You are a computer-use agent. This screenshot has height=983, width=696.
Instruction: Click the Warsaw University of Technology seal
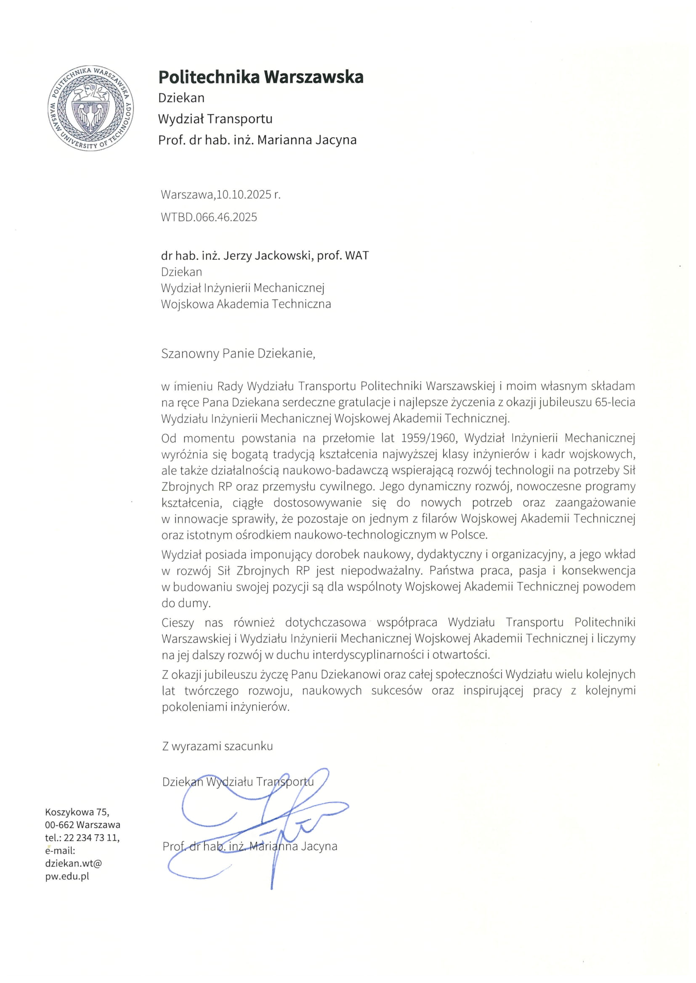coord(90,109)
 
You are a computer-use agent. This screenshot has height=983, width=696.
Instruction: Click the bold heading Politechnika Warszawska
coord(260,77)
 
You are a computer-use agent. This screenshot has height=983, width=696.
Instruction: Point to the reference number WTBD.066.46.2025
coord(209,217)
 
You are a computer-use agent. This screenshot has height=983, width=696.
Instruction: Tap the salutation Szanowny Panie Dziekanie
coord(238,353)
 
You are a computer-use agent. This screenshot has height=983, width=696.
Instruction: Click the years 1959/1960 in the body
coord(428,438)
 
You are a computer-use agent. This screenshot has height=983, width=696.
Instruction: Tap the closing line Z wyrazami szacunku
coord(217,746)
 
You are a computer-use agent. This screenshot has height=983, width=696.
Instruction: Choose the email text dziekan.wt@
coord(73,863)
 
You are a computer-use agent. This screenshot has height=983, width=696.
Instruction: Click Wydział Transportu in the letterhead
coord(215,119)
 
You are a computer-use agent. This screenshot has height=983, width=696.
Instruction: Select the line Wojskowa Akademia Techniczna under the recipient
coord(246,304)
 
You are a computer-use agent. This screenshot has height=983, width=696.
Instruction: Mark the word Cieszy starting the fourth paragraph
coord(178,622)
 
